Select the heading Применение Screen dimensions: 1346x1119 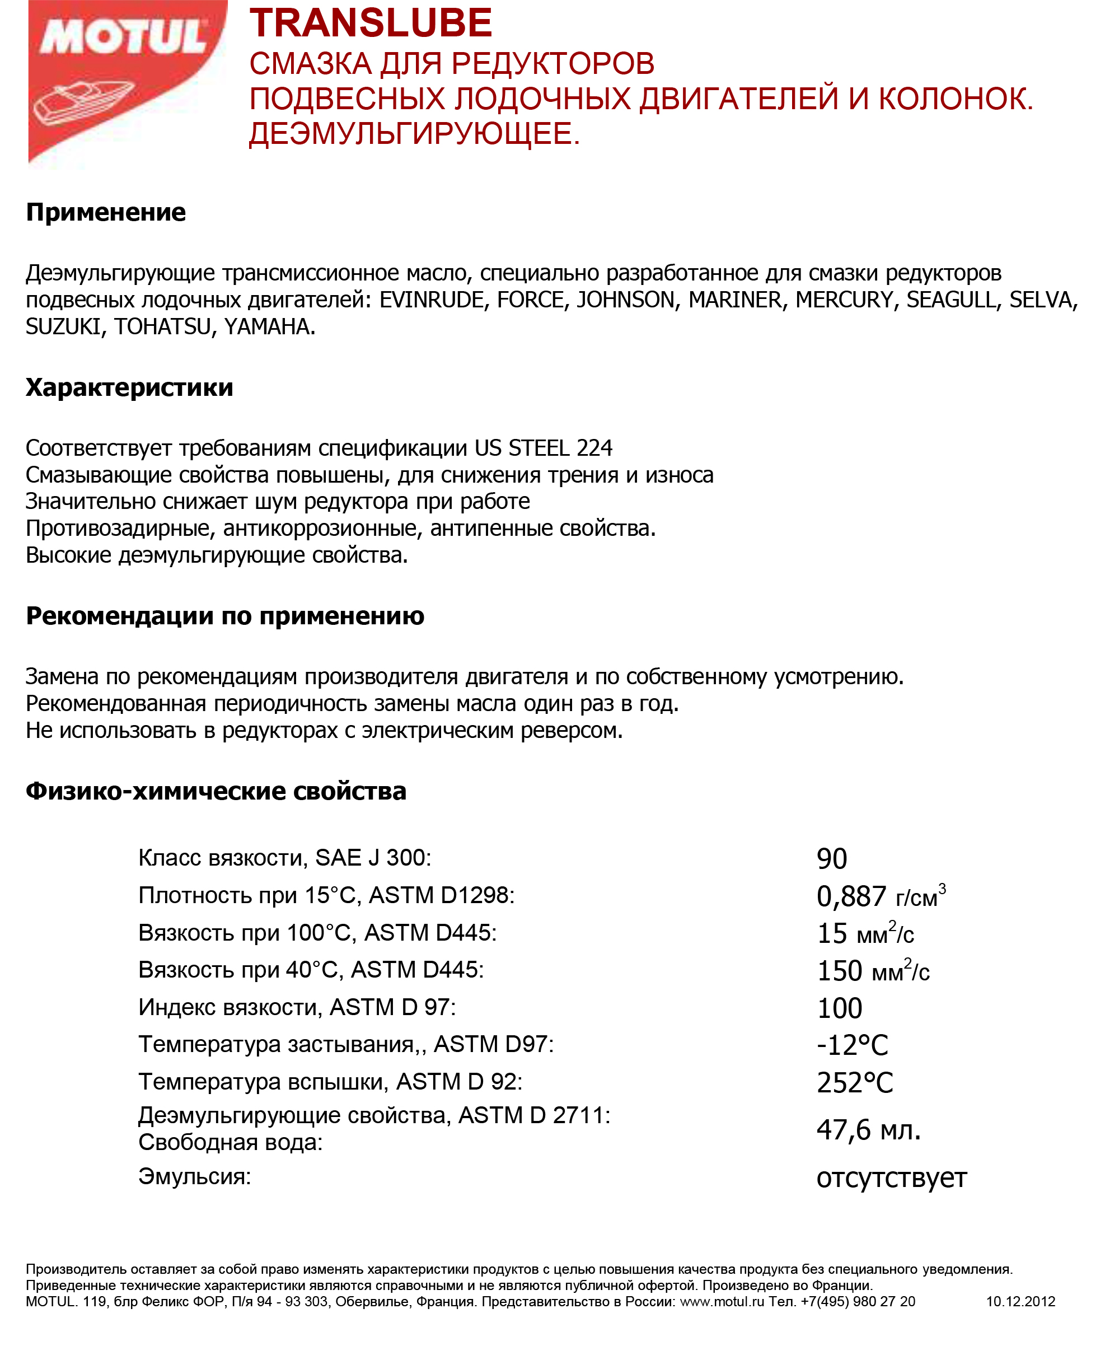106,212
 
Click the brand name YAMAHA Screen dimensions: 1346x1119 269,327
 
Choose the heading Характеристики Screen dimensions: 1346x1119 129,387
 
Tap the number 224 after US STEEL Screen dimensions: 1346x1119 594,447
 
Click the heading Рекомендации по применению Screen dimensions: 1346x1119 225,616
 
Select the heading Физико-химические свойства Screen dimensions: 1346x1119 216,791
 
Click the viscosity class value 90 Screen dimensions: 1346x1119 832,859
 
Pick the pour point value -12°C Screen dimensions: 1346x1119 853,1045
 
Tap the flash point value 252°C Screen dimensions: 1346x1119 855,1083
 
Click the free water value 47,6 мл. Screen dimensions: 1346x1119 868,1129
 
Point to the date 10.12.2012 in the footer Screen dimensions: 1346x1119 1020,1301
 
